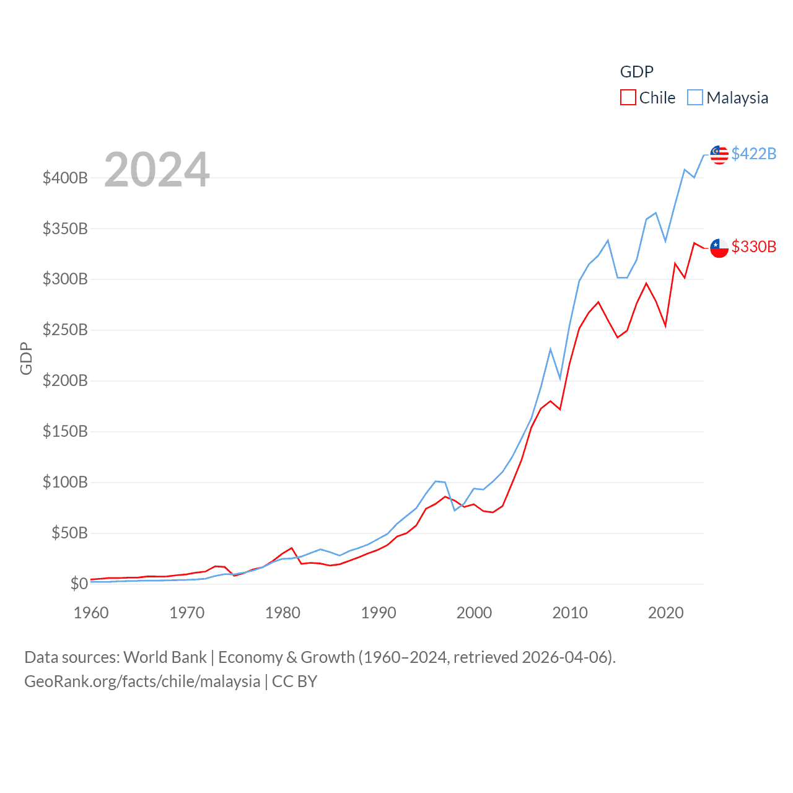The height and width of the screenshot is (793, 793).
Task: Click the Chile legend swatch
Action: tap(628, 98)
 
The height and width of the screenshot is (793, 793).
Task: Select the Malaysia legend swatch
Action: tap(695, 98)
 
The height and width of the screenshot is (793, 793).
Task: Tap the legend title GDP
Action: tap(636, 72)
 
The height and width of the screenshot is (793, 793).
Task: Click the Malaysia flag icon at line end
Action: tap(719, 154)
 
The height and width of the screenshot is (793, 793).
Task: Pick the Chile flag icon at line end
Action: tap(719, 248)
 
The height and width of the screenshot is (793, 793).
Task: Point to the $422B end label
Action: tap(753, 154)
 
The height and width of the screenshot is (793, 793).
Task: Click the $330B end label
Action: tap(753, 247)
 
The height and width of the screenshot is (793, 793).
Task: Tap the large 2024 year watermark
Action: tap(157, 170)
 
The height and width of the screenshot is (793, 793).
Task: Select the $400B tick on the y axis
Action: tap(65, 178)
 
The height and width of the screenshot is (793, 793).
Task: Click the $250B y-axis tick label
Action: tap(65, 330)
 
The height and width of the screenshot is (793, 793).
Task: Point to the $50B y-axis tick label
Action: tap(69, 533)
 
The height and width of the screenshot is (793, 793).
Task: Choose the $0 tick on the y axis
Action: tap(79, 584)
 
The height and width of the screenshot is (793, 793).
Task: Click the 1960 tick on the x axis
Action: tap(91, 613)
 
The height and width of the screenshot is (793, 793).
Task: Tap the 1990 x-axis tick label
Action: tap(379, 613)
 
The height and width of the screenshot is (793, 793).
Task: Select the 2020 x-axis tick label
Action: tap(665, 613)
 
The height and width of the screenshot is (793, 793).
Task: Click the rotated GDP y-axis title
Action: tap(26, 358)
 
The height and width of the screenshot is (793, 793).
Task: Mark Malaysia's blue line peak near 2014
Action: tap(608, 240)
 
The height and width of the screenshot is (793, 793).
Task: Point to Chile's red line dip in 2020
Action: tap(665, 326)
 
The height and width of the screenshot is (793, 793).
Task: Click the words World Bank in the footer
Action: tap(165, 657)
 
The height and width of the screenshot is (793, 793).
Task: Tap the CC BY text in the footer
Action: tap(295, 681)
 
